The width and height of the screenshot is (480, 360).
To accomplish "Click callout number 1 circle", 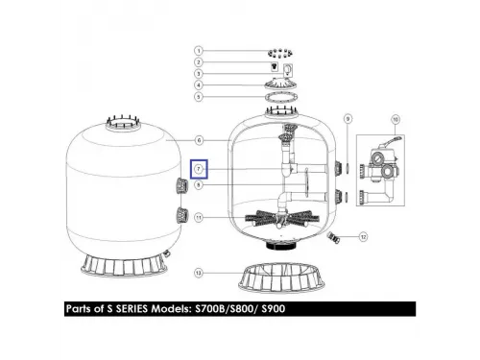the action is coord(199,51).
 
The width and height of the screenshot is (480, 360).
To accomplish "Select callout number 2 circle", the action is coord(199,62).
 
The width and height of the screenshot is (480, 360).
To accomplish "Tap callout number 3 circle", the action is coord(199,74).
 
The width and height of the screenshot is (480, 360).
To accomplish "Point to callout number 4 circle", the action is coord(199,85).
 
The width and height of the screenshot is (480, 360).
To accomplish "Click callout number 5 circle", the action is coord(199,97).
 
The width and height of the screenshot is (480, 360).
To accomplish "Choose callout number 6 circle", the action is coord(199,140).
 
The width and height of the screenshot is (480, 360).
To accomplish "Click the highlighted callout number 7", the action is coord(199,169).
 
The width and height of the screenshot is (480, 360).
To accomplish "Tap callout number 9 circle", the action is coord(348,119).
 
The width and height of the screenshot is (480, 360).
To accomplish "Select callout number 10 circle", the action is coord(396,119).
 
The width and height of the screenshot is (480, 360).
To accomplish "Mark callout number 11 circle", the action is coord(199,218).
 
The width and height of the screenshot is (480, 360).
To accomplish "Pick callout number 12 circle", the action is coord(363,237).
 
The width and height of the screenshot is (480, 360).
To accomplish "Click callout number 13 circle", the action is coord(199,273).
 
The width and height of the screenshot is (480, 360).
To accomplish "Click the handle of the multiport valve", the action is coord(392,140).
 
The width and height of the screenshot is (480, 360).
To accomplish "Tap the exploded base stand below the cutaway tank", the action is coord(281,277).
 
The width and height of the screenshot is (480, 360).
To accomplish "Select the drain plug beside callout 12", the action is coord(333,238).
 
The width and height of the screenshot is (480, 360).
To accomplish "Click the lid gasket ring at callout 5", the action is coord(281,96).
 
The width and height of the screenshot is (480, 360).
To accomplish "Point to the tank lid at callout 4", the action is coord(280,84).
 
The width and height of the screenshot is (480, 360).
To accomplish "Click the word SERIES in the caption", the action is coord(132,309).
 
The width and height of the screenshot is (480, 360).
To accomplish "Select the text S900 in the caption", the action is coord(274,309).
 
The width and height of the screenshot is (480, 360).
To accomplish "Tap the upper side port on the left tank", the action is coord(181,186).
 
